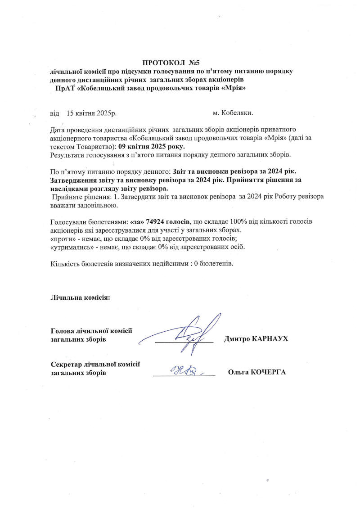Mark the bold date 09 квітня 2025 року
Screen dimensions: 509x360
click(x=151, y=147)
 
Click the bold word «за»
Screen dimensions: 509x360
click(x=137, y=222)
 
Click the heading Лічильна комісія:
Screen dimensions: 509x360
click(x=81, y=297)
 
